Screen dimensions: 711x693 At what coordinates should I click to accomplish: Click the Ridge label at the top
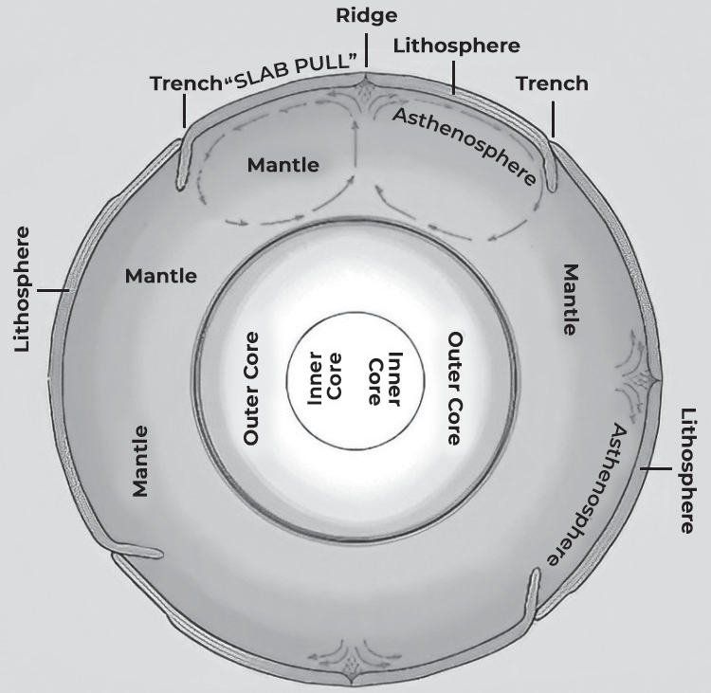[x=366, y=17]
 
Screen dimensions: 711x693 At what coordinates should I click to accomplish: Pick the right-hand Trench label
[x=552, y=83]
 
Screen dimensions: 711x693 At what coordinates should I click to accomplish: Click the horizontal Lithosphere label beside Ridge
[x=456, y=46]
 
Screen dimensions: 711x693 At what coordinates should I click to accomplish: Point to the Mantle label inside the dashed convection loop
[x=283, y=165]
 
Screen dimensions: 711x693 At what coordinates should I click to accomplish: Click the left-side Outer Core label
[x=251, y=389]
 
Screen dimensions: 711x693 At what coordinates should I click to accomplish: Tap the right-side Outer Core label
[x=455, y=389]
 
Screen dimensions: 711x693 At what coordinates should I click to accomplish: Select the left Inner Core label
[x=324, y=378]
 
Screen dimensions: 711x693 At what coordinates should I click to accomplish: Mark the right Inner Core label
[x=385, y=378]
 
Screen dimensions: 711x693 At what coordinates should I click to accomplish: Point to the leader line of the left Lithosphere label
[x=53, y=290]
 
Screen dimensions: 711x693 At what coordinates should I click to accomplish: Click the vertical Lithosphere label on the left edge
[x=22, y=289]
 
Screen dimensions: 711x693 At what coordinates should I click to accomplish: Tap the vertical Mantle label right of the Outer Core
[x=571, y=300]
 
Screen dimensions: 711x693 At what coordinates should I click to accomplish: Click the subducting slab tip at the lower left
[x=157, y=554]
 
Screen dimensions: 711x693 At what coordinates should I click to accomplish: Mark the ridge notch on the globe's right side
[x=653, y=383]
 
